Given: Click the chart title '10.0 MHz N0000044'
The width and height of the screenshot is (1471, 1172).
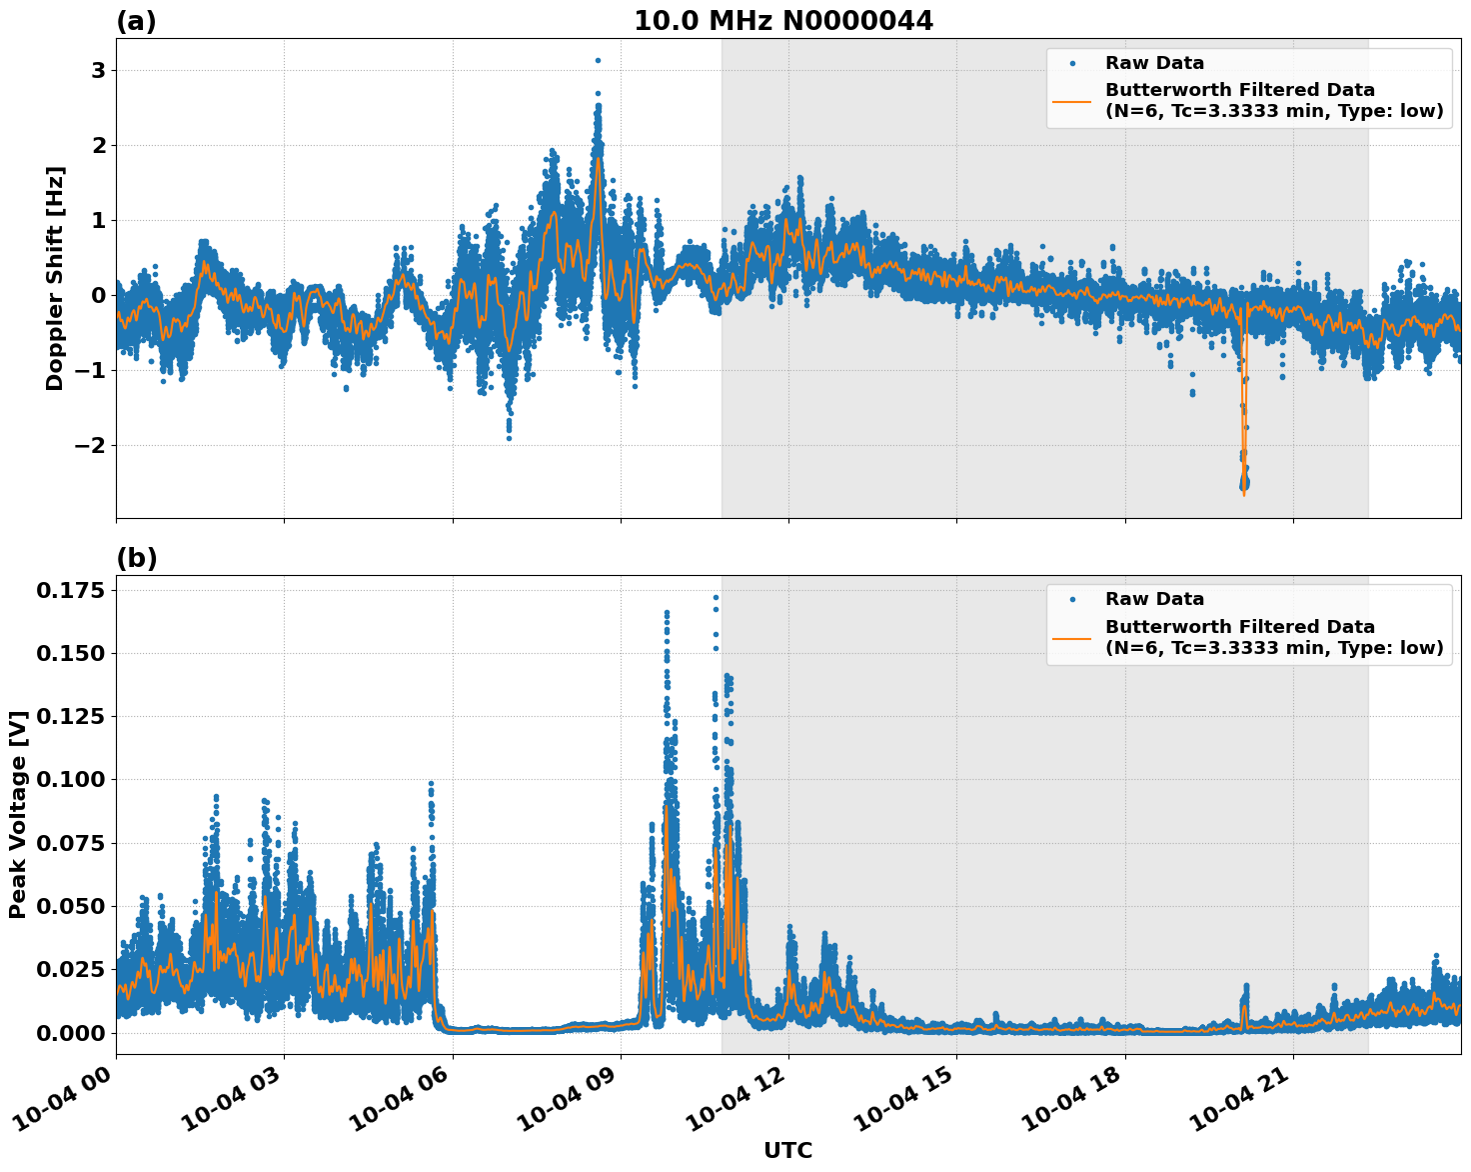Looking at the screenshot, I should point(783,21).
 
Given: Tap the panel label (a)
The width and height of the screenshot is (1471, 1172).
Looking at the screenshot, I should point(136,21).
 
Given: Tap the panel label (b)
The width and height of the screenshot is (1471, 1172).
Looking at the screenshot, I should point(137,558).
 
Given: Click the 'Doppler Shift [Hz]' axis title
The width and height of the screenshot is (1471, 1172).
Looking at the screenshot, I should point(55,278).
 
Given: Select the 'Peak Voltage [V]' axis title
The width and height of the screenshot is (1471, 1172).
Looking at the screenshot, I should point(17,814).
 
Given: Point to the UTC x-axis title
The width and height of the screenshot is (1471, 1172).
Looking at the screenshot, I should point(787,1150).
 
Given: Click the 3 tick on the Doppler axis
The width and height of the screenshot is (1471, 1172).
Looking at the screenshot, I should point(98,70).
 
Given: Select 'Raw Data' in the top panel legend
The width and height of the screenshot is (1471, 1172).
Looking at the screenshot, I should point(1154,63).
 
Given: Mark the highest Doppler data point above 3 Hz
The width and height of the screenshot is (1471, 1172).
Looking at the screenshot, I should point(598,60).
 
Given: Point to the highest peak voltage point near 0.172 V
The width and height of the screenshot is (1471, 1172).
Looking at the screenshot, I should point(716,597).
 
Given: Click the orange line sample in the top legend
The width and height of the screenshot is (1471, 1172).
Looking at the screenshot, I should point(1071,100).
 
